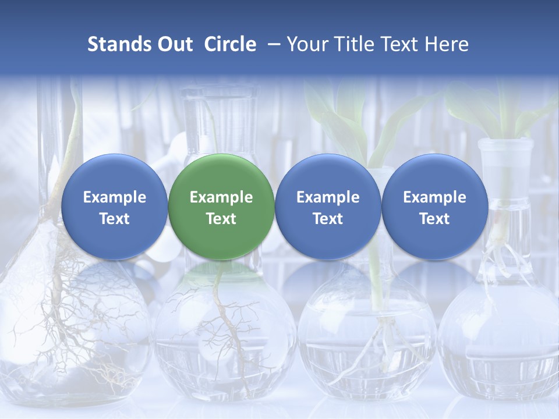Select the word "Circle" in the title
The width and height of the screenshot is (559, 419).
coord(230,44)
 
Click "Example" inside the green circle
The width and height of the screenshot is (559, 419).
coord(221,197)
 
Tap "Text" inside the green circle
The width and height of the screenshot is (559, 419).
coord(221,219)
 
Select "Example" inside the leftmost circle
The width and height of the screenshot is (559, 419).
coord(114,197)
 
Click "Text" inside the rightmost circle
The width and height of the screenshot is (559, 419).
coord(434,219)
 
